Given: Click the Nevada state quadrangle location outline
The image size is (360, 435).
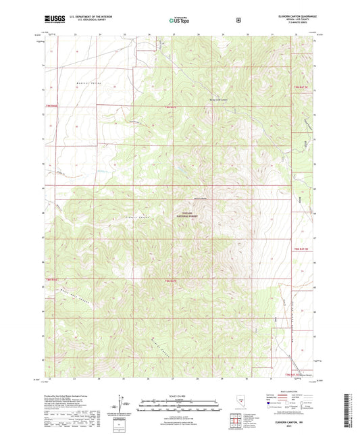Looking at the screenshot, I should tap(242, 404).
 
